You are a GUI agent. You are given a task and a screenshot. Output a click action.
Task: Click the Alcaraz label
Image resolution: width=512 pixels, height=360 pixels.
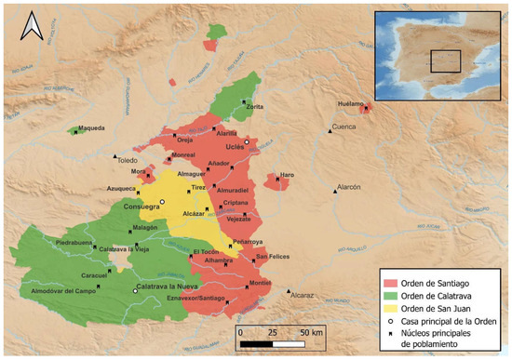coord(303,295)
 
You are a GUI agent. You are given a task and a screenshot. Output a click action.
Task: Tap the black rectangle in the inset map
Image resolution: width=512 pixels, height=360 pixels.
coord(447,61)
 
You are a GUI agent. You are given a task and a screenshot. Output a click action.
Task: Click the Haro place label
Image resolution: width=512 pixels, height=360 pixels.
coord(287,175)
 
